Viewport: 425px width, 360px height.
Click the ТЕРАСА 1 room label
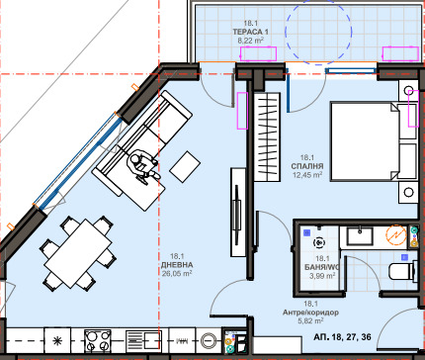(250, 32)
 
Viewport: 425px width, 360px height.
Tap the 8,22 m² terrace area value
(250, 41)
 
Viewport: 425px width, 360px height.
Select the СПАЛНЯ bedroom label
(307, 166)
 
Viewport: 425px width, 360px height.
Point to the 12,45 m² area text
(307, 175)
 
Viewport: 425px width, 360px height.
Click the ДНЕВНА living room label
(177, 265)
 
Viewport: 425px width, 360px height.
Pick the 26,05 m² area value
(177, 273)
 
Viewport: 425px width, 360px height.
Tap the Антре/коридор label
(310, 313)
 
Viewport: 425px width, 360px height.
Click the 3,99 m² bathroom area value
(322, 276)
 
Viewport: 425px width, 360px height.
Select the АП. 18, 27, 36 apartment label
(342, 337)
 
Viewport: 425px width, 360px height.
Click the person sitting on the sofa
(142, 165)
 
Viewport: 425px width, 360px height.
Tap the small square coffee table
(185, 166)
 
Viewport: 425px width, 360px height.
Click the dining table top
(78, 254)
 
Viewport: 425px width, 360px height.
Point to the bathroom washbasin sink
(360, 236)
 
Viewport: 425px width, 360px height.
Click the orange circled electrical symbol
(396, 235)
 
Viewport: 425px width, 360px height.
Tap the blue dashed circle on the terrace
(318, 32)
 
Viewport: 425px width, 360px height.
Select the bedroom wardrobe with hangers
(267, 136)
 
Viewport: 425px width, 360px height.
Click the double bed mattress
(364, 141)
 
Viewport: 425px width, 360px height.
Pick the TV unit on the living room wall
(238, 213)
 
